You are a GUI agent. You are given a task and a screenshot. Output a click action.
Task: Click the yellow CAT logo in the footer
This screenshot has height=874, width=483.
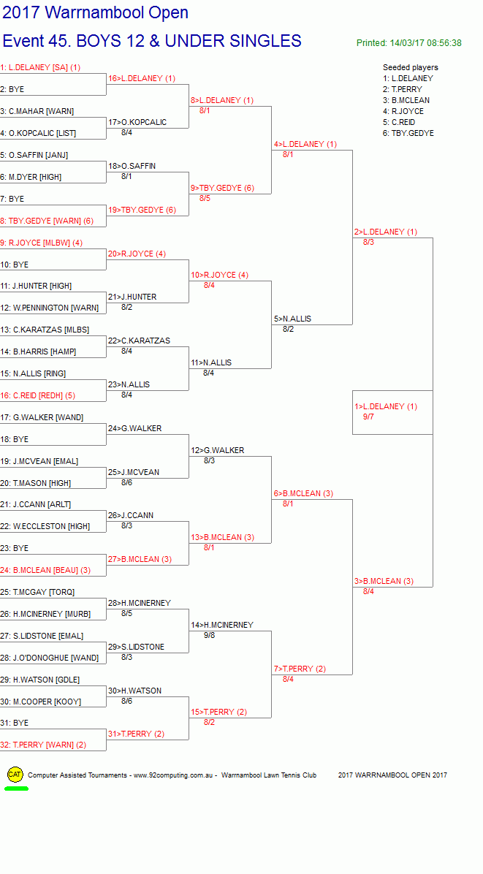(15, 774)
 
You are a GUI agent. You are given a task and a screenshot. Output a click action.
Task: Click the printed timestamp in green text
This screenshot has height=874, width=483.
(409, 43)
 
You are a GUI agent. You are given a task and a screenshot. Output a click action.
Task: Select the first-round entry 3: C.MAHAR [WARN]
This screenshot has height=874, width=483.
(37, 111)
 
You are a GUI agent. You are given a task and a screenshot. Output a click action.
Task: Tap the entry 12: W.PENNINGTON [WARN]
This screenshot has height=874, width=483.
(50, 308)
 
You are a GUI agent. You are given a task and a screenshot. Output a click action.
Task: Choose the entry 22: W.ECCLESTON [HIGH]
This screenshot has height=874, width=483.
(45, 526)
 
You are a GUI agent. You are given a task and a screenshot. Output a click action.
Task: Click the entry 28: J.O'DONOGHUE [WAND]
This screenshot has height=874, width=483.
(50, 658)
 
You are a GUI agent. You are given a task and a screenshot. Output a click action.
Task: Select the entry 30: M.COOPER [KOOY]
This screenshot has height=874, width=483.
(41, 702)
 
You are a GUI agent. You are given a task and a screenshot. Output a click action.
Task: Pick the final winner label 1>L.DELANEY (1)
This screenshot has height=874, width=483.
(386, 406)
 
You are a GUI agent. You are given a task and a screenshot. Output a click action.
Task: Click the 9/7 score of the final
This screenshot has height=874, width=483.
(368, 417)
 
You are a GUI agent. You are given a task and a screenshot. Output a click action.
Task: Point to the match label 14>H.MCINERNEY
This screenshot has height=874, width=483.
(222, 625)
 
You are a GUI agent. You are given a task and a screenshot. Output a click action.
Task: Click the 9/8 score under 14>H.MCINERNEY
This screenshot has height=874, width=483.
(210, 635)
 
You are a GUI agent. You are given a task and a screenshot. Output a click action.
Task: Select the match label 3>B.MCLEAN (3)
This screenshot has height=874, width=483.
(384, 581)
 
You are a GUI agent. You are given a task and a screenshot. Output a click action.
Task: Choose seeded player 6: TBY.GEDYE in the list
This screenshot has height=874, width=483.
(408, 133)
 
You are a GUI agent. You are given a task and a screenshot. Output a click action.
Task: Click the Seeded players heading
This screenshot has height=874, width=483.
(411, 67)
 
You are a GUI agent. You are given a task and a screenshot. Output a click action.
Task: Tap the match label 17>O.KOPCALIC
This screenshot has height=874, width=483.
(137, 122)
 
